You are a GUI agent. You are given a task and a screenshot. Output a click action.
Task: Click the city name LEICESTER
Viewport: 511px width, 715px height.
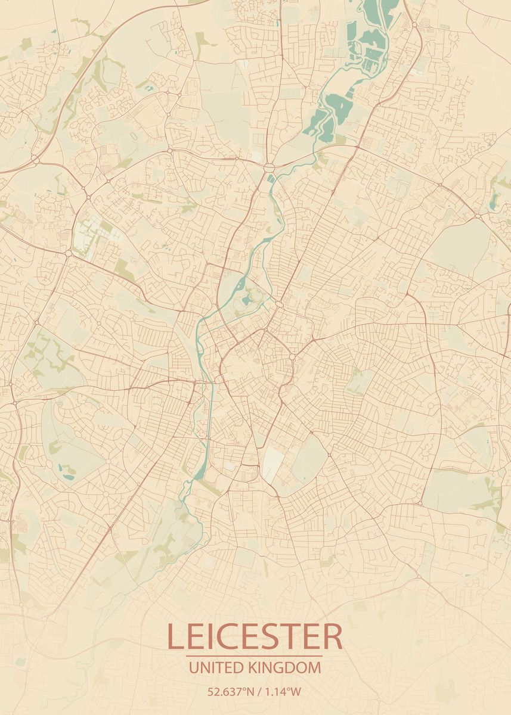pos(255,636)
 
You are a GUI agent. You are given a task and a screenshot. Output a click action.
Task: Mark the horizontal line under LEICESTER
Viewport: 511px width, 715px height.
pos(255,656)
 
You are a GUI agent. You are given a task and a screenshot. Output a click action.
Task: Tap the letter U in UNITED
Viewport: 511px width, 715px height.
pos(193,667)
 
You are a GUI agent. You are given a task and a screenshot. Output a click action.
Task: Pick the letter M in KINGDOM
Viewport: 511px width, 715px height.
pos(314,667)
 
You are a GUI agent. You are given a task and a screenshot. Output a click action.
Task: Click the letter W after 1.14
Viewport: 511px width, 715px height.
pos(296,692)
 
